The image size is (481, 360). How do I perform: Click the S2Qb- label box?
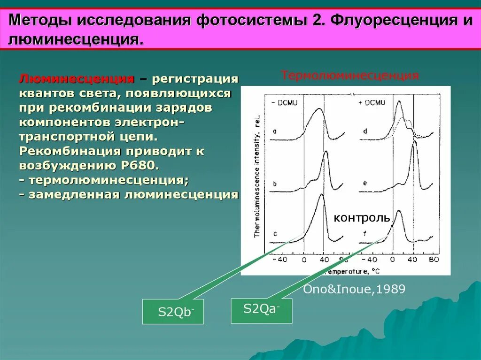click(173, 311)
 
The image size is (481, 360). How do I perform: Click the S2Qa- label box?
click(261, 311)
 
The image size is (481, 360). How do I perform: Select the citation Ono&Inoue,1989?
click(354, 289)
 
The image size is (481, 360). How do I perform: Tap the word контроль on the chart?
click(362, 217)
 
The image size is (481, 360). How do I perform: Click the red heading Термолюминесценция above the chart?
click(349, 76)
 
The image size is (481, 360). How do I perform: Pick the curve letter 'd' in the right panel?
click(365, 131)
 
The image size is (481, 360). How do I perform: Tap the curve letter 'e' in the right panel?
click(365, 183)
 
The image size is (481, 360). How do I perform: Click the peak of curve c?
click(321, 195)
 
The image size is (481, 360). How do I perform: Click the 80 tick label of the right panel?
click(434, 259)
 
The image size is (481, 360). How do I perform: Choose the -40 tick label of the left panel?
click(280, 259)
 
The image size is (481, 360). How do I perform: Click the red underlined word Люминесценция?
click(76, 78)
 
